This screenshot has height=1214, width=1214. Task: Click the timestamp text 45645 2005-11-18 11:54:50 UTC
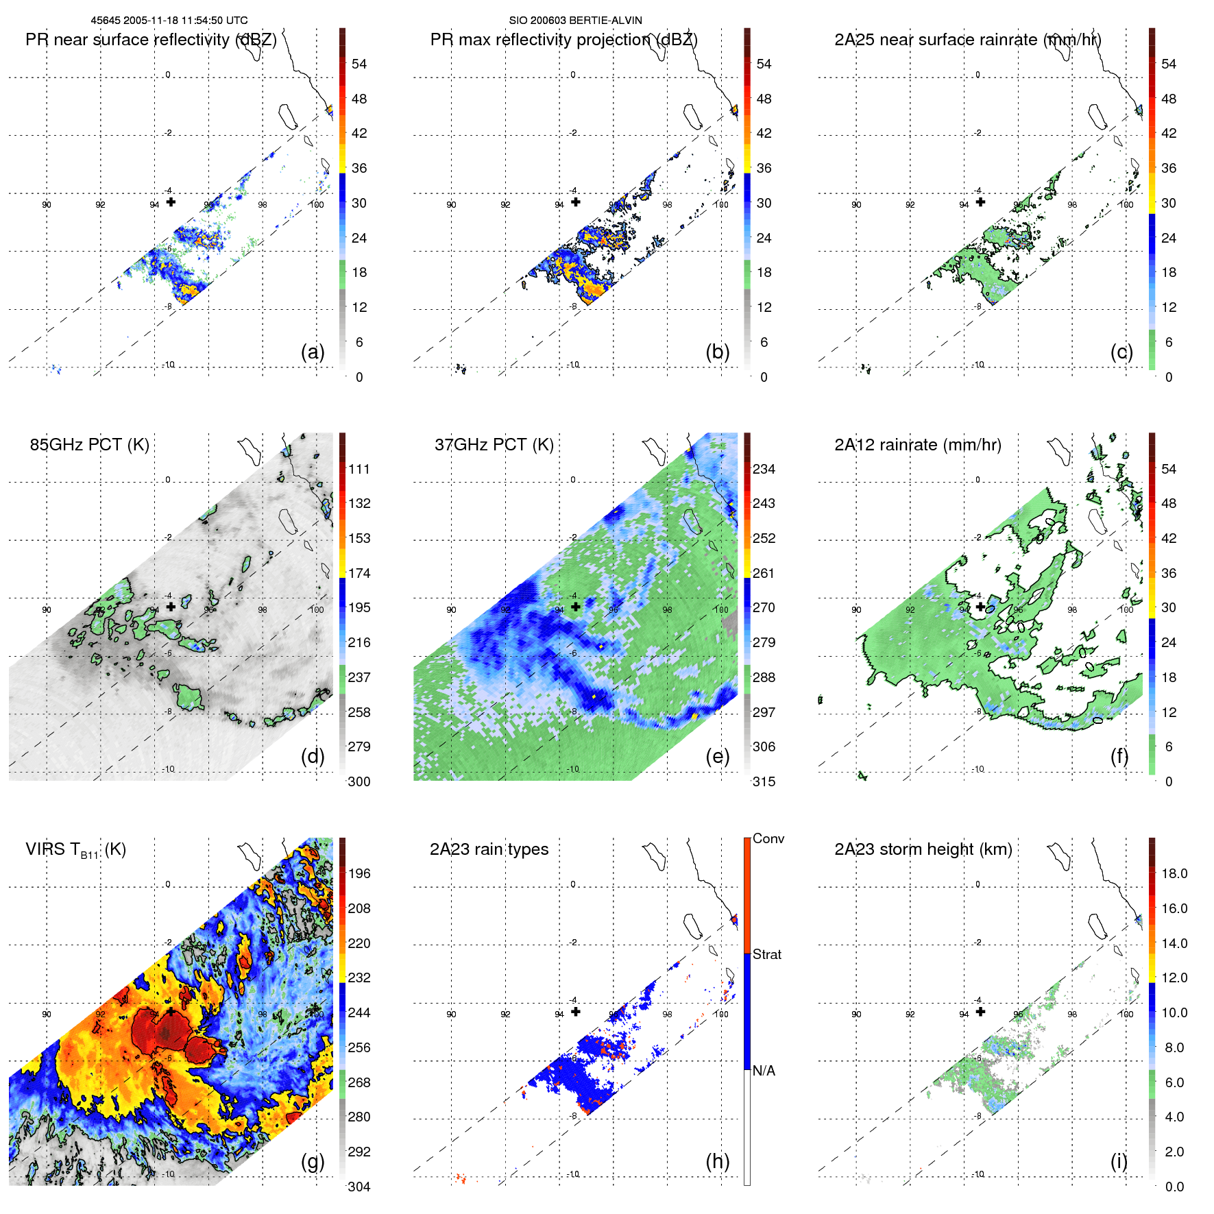click(x=169, y=21)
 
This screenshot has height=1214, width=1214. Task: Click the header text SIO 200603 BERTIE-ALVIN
click(x=575, y=21)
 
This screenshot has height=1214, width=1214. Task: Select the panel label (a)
click(x=313, y=352)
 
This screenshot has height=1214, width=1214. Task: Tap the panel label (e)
click(x=718, y=756)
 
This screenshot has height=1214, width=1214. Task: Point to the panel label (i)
click(x=1119, y=1161)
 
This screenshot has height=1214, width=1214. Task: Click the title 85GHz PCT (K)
click(x=89, y=444)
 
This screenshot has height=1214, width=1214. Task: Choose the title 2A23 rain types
click(x=489, y=849)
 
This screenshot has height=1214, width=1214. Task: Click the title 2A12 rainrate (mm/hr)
click(x=917, y=445)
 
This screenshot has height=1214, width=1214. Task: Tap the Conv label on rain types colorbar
click(x=768, y=838)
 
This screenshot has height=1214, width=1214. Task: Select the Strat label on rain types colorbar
click(x=766, y=954)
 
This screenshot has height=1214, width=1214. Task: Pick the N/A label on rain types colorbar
click(x=764, y=1071)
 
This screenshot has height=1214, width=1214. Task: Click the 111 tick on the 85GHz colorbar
click(x=359, y=469)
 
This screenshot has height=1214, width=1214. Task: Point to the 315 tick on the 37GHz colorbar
click(x=764, y=781)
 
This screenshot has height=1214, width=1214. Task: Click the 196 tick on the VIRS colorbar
click(x=359, y=873)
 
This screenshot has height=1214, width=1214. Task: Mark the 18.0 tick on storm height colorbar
click(x=1174, y=873)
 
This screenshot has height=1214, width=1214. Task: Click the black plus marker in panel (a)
click(x=171, y=202)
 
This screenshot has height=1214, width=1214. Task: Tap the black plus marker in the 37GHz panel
click(x=576, y=607)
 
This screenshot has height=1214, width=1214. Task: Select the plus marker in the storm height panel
click(x=980, y=1011)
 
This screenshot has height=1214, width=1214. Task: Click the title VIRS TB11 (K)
click(x=75, y=850)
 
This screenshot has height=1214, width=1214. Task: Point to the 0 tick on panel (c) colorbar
click(x=1169, y=377)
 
